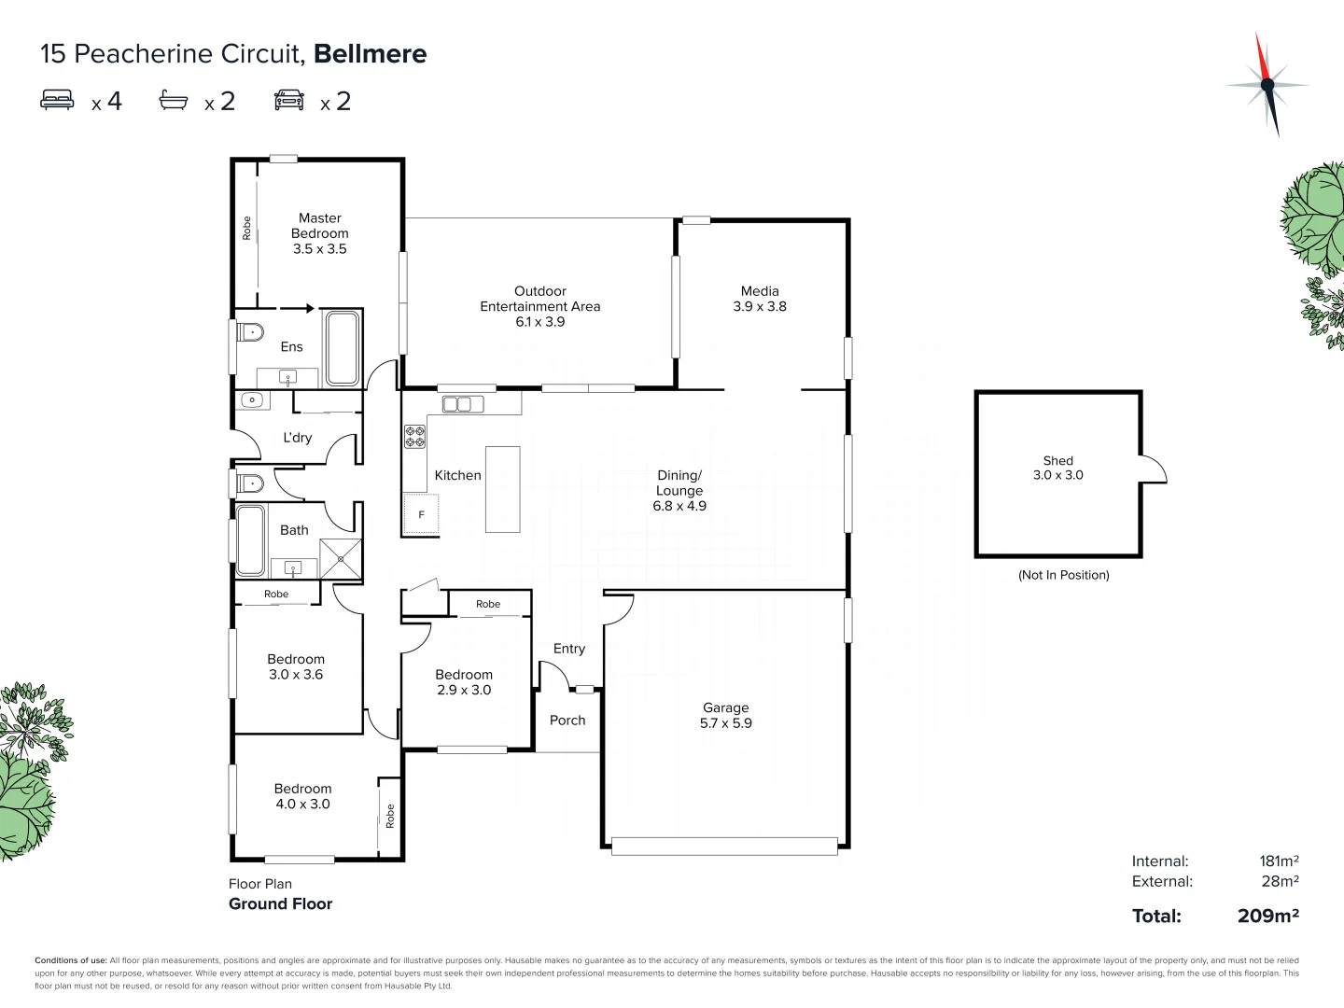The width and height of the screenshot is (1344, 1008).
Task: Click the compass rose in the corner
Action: pos(1267,85)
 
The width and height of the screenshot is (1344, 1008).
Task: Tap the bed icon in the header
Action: pos(57,100)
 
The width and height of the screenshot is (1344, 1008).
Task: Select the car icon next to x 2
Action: pos(289,100)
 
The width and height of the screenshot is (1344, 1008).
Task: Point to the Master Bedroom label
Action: pos(319,233)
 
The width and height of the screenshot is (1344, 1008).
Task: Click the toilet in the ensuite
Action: pos(249,332)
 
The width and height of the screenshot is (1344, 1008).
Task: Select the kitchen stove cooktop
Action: pos(414,437)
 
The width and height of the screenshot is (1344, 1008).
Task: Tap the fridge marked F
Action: pos(421,514)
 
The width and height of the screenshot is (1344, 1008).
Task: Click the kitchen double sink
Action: pos(457,404)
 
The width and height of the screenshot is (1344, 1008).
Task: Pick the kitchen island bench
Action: pos(503,489)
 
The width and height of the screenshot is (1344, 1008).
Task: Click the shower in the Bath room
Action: pos(341,559)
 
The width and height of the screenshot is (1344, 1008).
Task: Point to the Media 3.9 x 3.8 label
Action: pos(760,299)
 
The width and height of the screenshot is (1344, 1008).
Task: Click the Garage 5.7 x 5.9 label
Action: pos(726,716)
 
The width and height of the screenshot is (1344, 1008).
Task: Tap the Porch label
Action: pos(567,721)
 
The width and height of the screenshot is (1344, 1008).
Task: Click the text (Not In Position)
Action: pos(1063,575)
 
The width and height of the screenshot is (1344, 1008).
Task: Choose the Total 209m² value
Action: pos(1267,916)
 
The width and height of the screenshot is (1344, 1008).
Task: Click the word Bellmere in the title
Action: pos(370,54)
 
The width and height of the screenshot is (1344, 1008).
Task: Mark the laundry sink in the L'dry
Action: pos(251,400)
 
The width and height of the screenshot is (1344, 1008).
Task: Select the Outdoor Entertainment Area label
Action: pos(540,306)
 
